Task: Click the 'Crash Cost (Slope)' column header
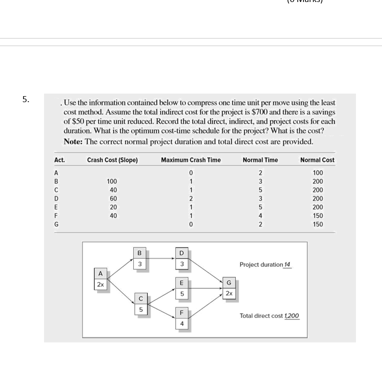click(x=112, y=160)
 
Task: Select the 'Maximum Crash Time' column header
click(x=191, y=160)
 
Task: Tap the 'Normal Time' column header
click(x=260, y=160)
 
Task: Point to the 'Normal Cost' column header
click(x=317, y=160)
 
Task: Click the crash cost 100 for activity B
click(x=112, y=181)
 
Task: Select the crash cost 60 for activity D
click(x=113, y=199)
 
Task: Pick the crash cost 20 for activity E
click(x=113, y=207)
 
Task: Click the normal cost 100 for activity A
click(x=317, y=173)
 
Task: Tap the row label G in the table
click(x=57, y=225)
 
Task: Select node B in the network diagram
click(x=141, y=258)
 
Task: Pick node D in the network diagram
click(x=182, y=258)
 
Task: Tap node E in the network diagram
click(x=182, y=288)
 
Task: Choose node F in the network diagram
click(x=182, y=318)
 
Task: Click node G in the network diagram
click(x=228, y=288)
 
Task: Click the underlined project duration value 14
click(x=287, y=264)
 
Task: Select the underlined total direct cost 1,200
click(x=291, y=315)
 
